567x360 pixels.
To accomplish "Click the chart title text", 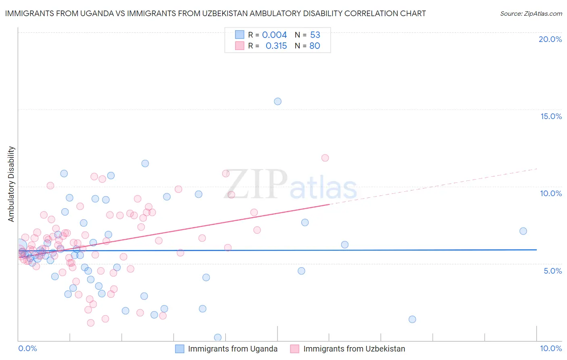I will (x=215, y=13).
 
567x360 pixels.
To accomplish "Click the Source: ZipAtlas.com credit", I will (x=531, y=13).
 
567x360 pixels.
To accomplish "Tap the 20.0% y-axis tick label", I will (x=550, y=39).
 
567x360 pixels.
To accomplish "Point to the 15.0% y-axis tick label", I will (x=551, y=116).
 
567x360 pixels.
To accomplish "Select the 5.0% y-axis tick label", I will (x=552, y=271).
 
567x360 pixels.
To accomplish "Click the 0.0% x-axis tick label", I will (x=27, y=348).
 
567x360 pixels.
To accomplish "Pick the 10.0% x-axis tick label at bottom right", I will (x=550, y=348).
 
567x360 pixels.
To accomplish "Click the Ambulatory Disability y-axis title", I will (x=11, y=184).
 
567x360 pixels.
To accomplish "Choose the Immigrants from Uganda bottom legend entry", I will (x=226, y=349).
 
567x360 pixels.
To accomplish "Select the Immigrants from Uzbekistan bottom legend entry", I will (x=348, y=349).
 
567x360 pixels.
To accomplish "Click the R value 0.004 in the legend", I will (x=274, y=35).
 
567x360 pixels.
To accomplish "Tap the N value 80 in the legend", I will (x=315, y=46).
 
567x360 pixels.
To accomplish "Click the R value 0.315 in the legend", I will (x=276, y=46).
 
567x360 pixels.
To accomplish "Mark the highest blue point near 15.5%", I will (x=277, y=101).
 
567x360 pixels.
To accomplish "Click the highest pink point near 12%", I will (x=325, y=158).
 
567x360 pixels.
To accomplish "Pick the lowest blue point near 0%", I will (x=218, y=337).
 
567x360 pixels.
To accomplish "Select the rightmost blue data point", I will (x=523, y=231).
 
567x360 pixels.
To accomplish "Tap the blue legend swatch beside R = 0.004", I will (x=240, y=35).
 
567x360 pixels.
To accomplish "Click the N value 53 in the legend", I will (x=315, y=35).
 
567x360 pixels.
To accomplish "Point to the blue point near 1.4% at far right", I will (x=412, y=319).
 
